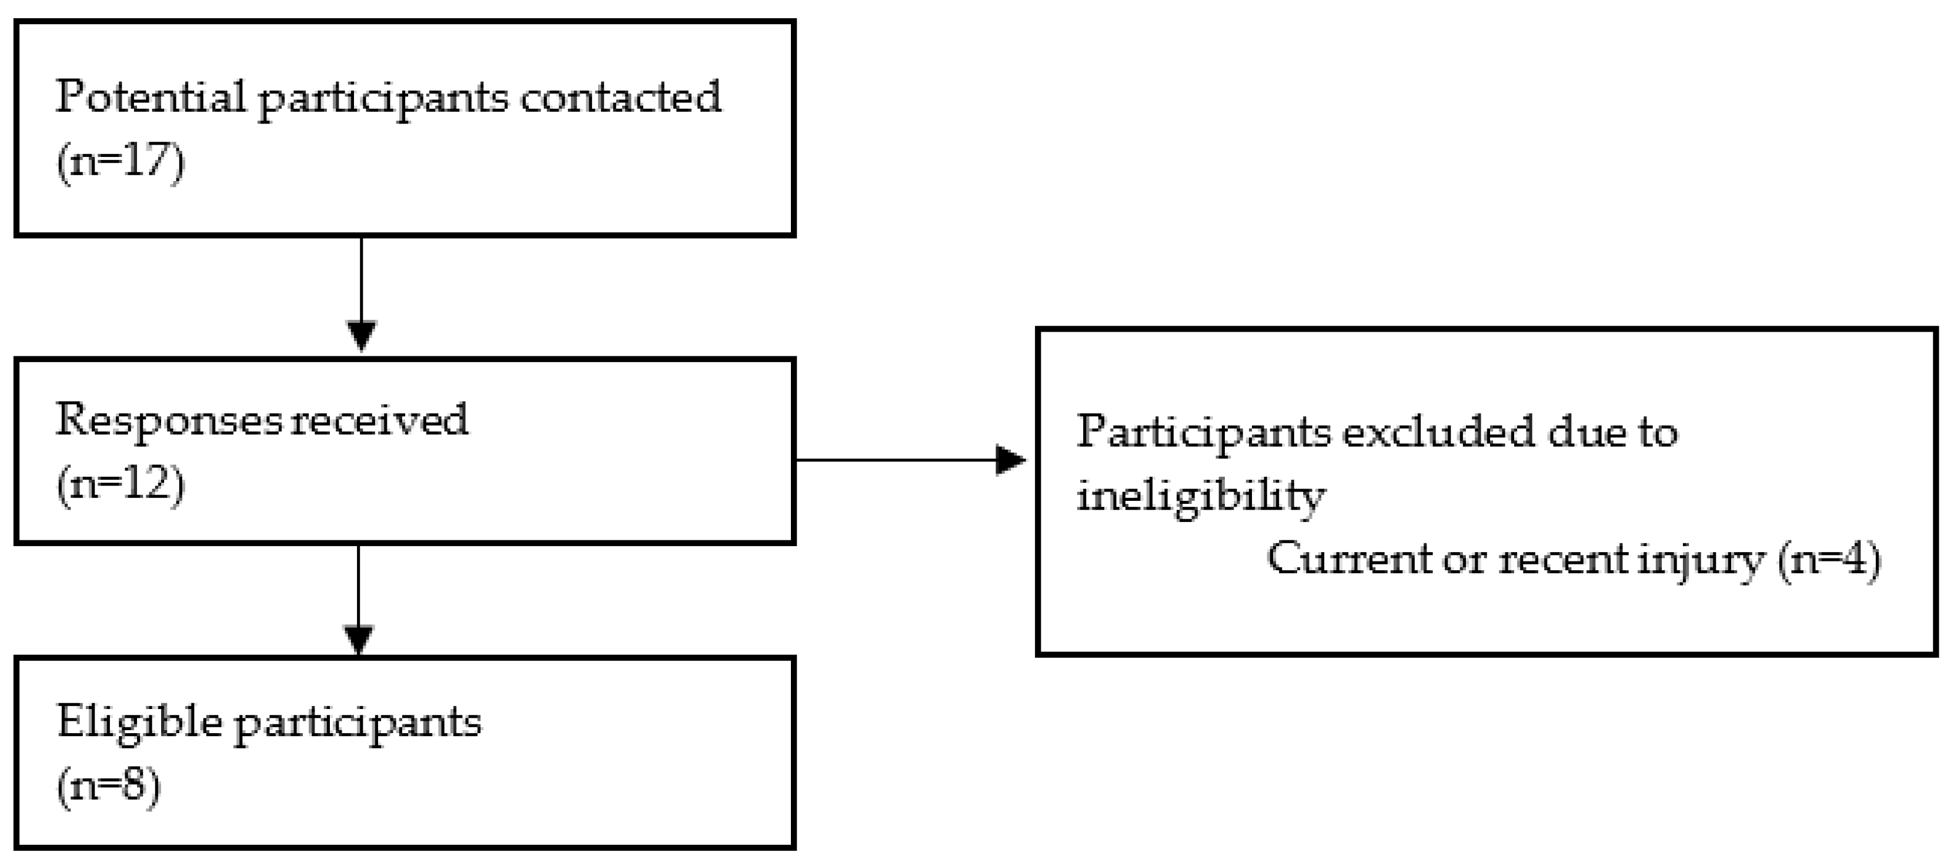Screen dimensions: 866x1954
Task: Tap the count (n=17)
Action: click(x=121, y=162)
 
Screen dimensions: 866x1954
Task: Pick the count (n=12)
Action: click(x=121, y=484)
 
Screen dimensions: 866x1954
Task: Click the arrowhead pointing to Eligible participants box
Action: click(x=358, y=639)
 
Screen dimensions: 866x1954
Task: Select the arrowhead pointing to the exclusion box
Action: click(x=1010, y=460)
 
